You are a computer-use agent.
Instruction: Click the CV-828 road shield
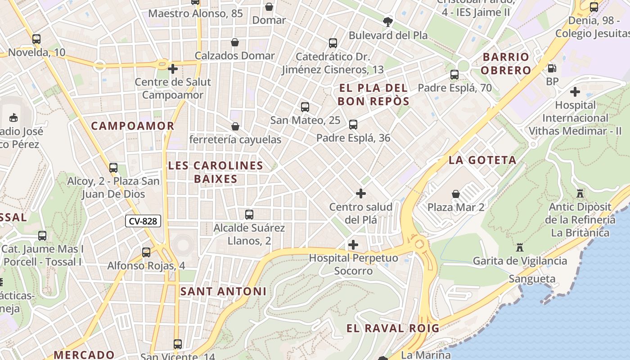click(x=143, y=221)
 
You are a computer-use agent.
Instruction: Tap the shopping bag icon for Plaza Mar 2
click(x=456, y=194)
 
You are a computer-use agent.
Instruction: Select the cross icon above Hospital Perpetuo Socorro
click(x=353, y=245)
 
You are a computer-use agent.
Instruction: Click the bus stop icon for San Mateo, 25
click(x=305, y=107)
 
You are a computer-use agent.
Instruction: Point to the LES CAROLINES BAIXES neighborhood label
click(x=215, y=172)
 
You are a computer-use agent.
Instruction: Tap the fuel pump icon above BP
click(x=552, y=68)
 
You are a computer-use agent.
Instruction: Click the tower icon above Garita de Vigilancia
click(x=520, y=247)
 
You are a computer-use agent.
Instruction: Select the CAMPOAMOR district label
click(x=133, y=126)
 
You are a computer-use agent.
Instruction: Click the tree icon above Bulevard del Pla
click(x=387, y=21)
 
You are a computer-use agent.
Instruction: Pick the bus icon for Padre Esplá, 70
click(x=454, y=75)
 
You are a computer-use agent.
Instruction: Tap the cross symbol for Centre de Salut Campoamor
click(x=172, y=69)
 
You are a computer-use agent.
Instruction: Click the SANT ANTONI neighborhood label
click(x=223, y=292)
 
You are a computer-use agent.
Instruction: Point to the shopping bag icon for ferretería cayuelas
click(x=235, y=126)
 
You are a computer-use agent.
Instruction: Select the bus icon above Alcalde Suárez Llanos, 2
click(x=249, y=215)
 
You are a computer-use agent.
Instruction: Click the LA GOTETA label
click(x=482, y=160)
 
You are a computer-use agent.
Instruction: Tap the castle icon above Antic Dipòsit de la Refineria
click(x=580, y=193)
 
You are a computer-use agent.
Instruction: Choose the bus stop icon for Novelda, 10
click(x=36, y=39)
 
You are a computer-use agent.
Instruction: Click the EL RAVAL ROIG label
click(x=392, y=328)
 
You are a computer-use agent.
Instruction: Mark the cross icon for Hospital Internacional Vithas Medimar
click(x=575, y=92)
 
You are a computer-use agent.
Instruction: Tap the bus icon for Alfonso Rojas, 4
click(x=146, y=252)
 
